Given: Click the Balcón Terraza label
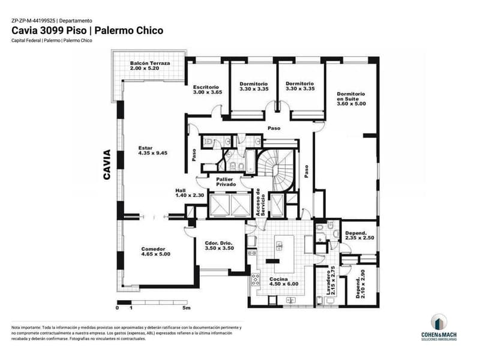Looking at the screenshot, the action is (150, 65).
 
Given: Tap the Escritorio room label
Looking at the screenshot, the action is (208, 89).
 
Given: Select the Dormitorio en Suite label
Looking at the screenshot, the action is (351, 98).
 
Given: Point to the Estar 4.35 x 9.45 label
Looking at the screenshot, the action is (153, 151).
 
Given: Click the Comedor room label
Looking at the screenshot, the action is (155, 251).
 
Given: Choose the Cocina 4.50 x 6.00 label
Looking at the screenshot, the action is (284, 281).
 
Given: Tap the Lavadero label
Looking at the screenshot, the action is (330, 280).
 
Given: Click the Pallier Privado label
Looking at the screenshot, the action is (226, 182).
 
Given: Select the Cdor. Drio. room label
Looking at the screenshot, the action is (219, 245).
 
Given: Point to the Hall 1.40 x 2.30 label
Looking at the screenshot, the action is (190, 193).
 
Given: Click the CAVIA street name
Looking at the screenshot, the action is (107, 165).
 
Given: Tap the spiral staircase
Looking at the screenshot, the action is (276, 170).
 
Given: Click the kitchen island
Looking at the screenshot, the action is (284, 254).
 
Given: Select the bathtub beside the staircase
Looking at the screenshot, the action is (250, 162).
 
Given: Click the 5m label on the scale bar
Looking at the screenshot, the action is (186, 308).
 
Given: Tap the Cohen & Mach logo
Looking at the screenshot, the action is (439, 328).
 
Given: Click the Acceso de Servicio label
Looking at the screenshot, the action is (261, 202).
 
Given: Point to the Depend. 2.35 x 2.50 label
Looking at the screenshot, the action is (360, 235).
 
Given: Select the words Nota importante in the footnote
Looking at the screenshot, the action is (26, 328).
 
